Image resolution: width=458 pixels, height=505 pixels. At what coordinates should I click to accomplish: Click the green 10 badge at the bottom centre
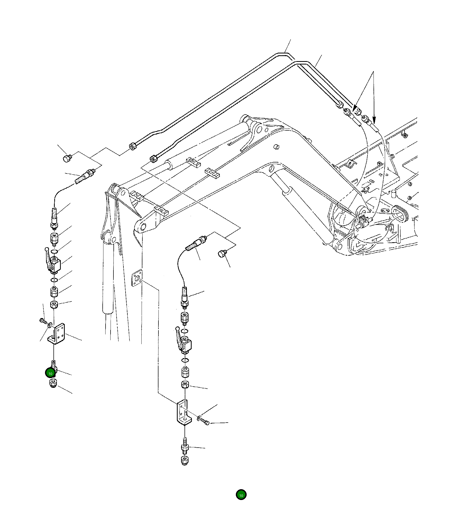click(x=241, y=495)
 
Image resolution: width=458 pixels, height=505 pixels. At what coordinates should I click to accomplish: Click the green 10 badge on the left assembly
click(x=50, y=373)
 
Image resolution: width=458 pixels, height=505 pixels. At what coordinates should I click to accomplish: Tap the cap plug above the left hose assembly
click(x=67, y=159)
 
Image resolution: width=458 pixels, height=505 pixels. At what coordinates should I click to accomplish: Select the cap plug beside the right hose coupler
click(x=222, y=253)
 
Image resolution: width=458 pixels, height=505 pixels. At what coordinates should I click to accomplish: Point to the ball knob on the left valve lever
click(x=47, y=249)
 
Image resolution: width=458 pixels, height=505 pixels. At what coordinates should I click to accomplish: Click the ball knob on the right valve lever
click(x=177, y=328)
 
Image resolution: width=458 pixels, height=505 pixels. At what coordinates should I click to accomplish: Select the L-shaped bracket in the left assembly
click(x=56, y=334)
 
